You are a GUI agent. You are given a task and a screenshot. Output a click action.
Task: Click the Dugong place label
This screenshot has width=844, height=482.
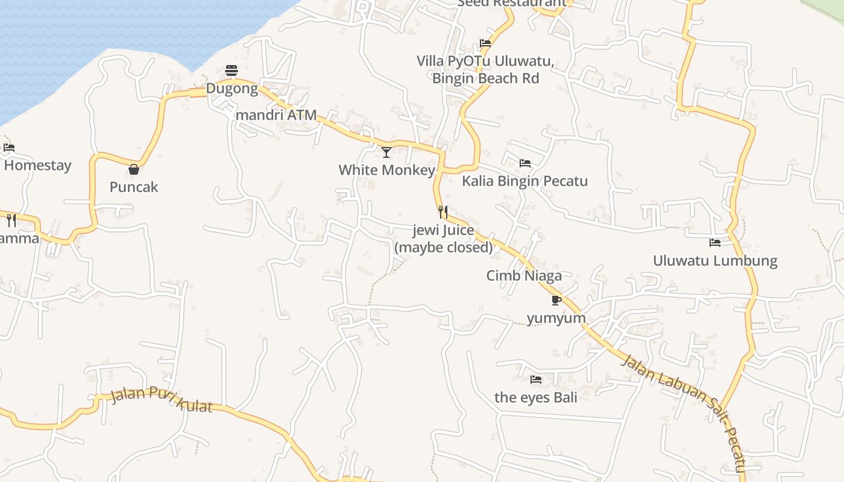pyautogui.click(x=232, y=89)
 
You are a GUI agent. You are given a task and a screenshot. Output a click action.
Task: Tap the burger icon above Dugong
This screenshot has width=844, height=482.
pyautogui.click(x=231, y=70)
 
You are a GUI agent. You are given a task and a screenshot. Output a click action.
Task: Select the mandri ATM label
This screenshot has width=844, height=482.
pyautogui.click(x=276, y=114)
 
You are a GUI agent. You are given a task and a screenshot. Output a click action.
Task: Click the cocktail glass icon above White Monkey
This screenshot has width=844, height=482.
pyautogui.click(x=386, y=152)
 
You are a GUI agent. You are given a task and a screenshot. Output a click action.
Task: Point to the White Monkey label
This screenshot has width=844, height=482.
pyautogui.click(x=386, y=170)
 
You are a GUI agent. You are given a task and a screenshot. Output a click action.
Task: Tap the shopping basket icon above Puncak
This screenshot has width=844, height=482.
pyautogui.click(x=134, y=169)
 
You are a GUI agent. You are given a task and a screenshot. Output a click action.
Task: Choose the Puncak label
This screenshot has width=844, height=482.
pyautogui.click(x=134, y=187)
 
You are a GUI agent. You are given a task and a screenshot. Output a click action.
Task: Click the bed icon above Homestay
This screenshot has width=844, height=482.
pyautogui.click(x=9, y=148)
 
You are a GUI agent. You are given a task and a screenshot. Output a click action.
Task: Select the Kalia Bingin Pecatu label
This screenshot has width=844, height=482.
pyautogui.click(x=524, y=181)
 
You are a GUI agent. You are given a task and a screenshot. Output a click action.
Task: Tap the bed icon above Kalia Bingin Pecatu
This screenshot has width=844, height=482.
pyautogui.click(x=524, y=163)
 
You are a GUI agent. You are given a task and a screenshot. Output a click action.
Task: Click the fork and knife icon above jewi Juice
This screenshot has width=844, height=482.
pyautogui.click(x=443, y=212)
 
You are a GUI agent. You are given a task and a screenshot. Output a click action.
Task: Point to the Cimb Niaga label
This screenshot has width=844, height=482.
pyautogui.click(x=524, y=275)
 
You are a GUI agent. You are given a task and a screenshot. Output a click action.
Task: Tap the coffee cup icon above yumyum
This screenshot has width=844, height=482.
pyautogui.click(x=556, y=300)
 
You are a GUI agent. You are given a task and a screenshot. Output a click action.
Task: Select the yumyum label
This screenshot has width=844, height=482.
pyautogui.click(x=556, y=318)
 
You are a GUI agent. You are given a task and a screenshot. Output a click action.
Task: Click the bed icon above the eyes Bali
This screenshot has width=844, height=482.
pyautogui.click(x=535, y=380)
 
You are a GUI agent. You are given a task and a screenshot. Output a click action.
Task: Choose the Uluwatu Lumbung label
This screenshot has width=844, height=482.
pyautogui.click(x=715, y=261)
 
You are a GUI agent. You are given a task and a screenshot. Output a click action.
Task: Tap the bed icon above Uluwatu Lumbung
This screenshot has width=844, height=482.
pyautogui.click(x=715, y=243)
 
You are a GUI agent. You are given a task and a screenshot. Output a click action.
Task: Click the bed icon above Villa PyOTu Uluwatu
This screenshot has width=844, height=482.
pyautogui.click(x=485, y=43)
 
